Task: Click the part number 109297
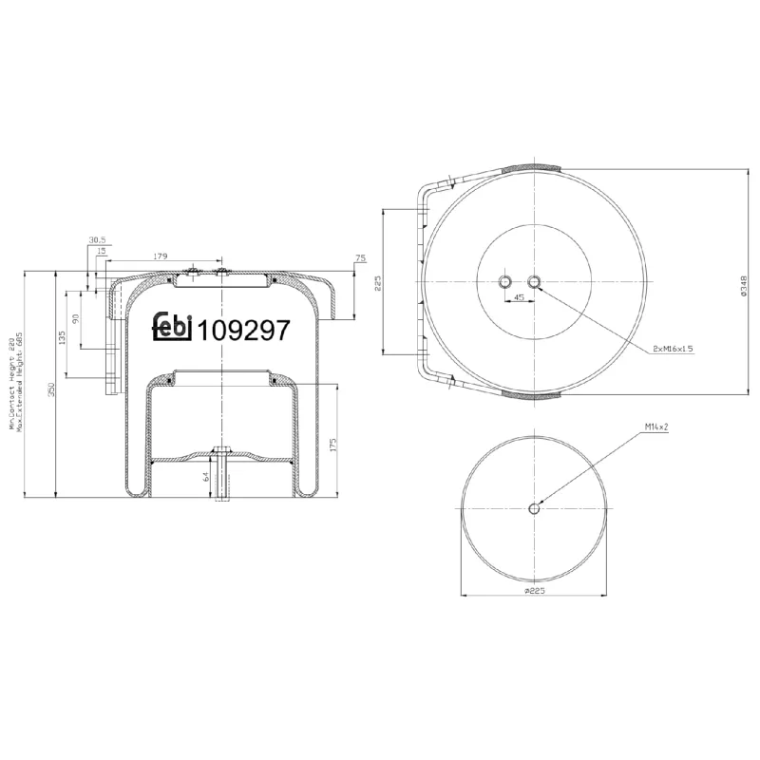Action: point(242,329)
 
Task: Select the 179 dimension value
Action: point(160,255)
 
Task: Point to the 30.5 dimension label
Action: point(96,239)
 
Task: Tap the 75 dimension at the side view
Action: point(360,258)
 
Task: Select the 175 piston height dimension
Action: point(333,445)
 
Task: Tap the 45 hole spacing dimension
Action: point(519,297)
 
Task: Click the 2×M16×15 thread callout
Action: point(673,349)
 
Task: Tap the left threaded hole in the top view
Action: point(504,281)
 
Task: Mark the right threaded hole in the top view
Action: point(534,281)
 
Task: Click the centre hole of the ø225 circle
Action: point(534,509)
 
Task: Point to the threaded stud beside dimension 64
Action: point(221,476)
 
